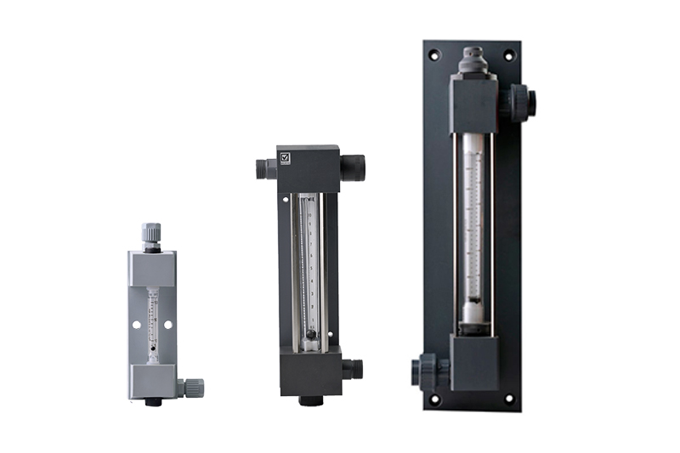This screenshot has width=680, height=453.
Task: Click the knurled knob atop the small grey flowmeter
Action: click(x=151, y=232)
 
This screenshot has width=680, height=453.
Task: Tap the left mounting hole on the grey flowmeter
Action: click(x=137, y=325)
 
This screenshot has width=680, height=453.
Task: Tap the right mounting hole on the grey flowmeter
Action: click(x=168, y=325)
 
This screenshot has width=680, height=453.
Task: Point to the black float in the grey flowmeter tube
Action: click(x=153, y=347)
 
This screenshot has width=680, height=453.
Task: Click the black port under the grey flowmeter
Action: click(x=153, y=401)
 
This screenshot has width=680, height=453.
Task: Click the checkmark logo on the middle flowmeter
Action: click(x=284, y=158)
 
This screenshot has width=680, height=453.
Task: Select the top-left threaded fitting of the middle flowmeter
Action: click(x=265, y=167)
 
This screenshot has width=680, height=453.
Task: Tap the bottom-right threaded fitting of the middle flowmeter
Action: click(x=352, y=369)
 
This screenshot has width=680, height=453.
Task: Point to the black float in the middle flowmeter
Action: click(x=310, y=335)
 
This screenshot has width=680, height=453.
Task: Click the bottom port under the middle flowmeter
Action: click(x=310, y=399)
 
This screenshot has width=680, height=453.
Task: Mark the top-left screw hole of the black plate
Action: click(x=434, y=55)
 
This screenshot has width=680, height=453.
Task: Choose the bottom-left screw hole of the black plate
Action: click(x=434, y=397)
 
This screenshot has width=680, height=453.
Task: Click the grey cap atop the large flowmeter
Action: click(x=472, y=59)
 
